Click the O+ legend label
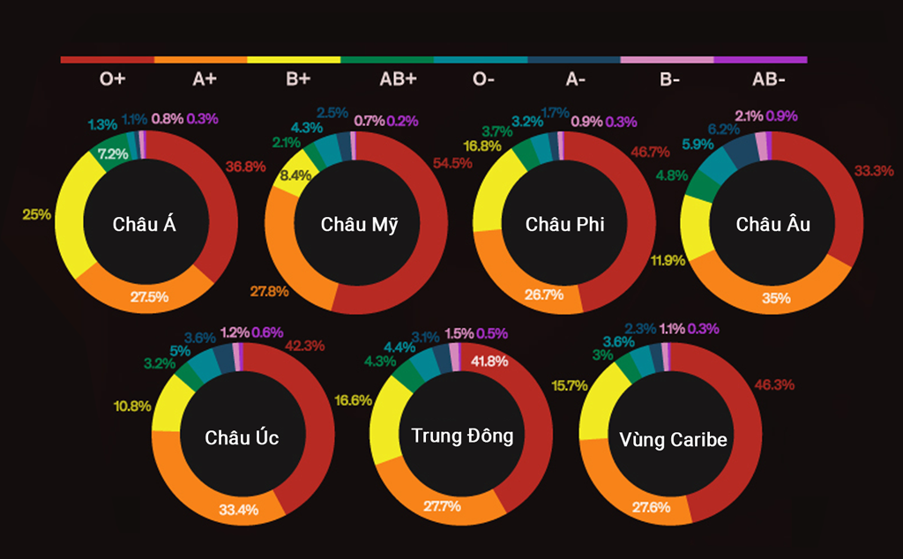(112, 79)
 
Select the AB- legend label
(768, 79)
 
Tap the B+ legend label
(298, 79)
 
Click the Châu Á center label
(145, 224)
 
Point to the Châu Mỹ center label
(359, 224)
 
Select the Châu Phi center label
(564, 224)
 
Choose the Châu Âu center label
(773, 224)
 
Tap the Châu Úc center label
(242, 437)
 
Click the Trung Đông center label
(462, 436)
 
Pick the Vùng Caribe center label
(673, 440)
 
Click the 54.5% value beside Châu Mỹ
(451, 163)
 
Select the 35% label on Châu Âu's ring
(776, 298)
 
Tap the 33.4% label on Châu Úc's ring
(238, 510)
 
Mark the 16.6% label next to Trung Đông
(353, 399)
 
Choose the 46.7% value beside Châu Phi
(650, 153)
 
